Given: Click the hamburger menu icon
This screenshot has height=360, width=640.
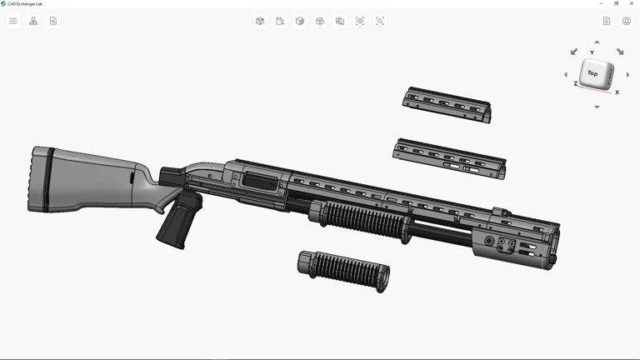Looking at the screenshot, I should click(x=13, y=21).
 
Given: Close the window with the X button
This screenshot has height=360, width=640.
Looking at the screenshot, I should click(x=631, y=3).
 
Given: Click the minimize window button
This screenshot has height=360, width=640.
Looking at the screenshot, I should click(x=602, y=3).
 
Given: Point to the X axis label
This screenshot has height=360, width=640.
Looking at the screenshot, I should click(x=617, y=92).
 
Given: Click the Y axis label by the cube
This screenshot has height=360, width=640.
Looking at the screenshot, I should click(x=592, y=53).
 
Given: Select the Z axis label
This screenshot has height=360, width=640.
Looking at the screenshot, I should click(x=576, y=84).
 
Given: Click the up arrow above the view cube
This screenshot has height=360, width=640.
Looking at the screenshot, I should click(x=597, y=42).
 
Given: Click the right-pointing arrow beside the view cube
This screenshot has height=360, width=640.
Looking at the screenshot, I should click(x=627, y=75).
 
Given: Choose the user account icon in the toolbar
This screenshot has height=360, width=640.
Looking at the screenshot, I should click(x=627, y=21).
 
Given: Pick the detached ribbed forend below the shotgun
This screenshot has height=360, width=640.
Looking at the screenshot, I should click(x=344, y=269).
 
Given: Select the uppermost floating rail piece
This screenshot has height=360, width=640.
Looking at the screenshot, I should click(x=447, y=104).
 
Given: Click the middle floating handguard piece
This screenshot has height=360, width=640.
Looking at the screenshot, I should click(x=450, y=157).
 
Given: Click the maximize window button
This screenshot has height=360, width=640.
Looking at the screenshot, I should click(x=617, y=3).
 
